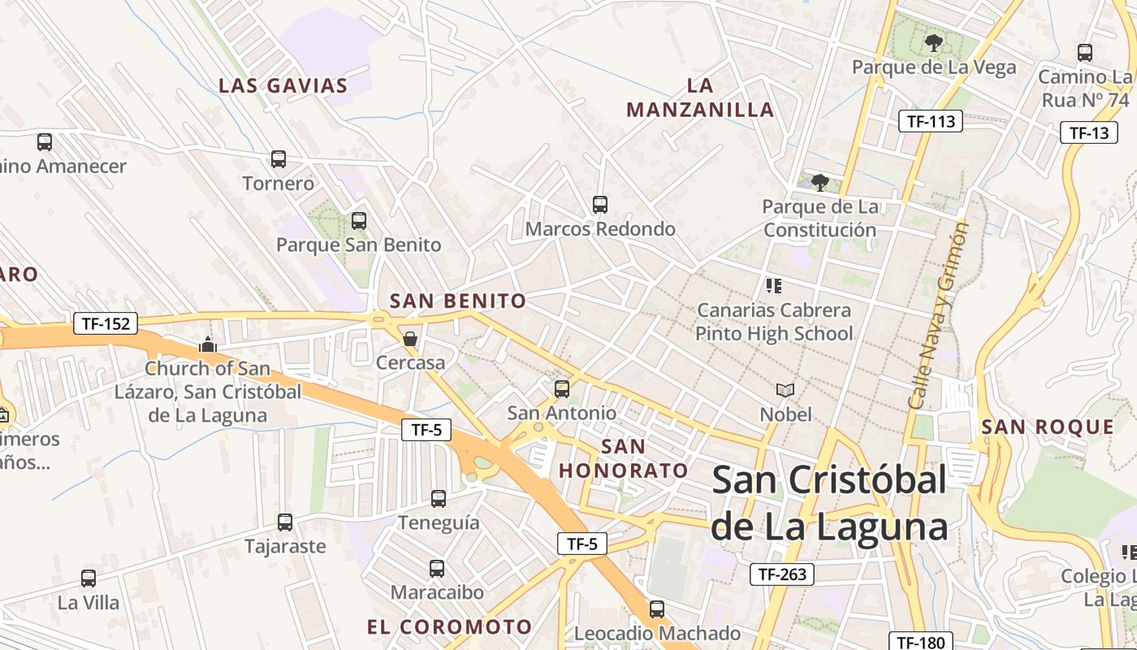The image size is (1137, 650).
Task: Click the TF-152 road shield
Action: pyautogui.click(x=106, y=323)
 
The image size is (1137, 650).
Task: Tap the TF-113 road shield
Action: pyautogui.click(x=930, y=122)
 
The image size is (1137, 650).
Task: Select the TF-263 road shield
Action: pyautogui.click(x=781, y=574)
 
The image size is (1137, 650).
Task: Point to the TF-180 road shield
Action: pyautogui.click(x=922, y=641)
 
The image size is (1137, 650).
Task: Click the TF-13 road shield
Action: pyautogui.click(x=1088, y=133)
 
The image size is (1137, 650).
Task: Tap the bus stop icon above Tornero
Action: pyautogui.click(x=279, y=158)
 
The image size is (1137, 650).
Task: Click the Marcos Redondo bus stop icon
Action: pyautogui.click(x=600, y=205)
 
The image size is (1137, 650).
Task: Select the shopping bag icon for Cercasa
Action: pyautogui.click(x=410, y=338)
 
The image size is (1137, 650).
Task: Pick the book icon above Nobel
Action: pyautogui.click(x=785, y=391)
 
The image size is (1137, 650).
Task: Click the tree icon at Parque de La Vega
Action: pyautogui.click(x=933, y=42)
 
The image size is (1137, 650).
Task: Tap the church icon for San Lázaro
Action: pyautogui.click(x=208, y=344)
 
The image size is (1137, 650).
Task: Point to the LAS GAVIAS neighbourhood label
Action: pyautogui.click(x=283, y=85)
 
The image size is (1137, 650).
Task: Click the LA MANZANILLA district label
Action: pyautogui.click(x=700, y=97)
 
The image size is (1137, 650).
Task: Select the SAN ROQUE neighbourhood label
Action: pyautogui.click(x=1048, y=427)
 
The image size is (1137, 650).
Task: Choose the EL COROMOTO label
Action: pyautogui.click(x=449, y=626)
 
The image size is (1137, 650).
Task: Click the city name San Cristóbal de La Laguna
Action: pyautogui.click(x=829, y=504)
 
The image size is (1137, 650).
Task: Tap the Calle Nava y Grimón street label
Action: pyautogui.click(x=939, y=315)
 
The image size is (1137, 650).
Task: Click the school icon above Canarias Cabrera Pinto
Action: pyautogui.click(x=773, y=285)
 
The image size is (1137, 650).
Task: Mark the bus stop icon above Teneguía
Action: pyautogui.click(x=439, y=498)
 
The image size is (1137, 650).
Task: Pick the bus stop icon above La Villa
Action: pyautogui.click(x=89, y=578)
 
